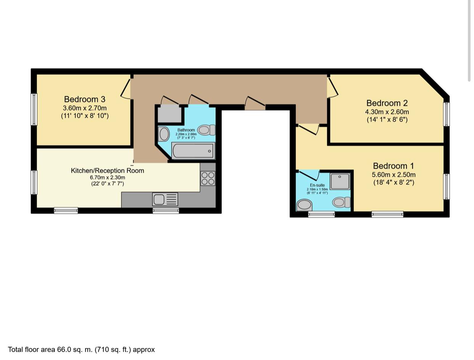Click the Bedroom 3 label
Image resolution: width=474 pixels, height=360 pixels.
(84, 100)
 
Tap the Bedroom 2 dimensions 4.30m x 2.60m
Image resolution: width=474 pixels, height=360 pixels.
(387, 112)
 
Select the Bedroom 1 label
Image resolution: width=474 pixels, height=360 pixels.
(393, 166)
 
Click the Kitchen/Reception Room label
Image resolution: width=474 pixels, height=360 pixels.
(107, 170)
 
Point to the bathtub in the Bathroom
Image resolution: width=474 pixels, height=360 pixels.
(193, 151)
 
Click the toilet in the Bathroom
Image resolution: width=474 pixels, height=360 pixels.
(206, 130)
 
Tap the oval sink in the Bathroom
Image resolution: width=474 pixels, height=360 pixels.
(164, 134)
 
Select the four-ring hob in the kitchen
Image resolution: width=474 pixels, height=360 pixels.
(208, 178)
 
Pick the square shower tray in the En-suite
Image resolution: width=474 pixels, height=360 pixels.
(340, 181)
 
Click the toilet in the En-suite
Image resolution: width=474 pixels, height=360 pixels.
(341, 202)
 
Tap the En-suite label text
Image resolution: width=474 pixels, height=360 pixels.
(317, 185)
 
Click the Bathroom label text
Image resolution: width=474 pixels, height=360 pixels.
(186, 130)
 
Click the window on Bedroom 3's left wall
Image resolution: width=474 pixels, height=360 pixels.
(34, 109)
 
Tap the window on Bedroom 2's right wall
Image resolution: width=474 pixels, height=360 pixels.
(446, 114)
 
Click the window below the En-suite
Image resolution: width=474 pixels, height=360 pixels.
(321, 215)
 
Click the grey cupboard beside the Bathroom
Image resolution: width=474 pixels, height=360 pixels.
(169, 114)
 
